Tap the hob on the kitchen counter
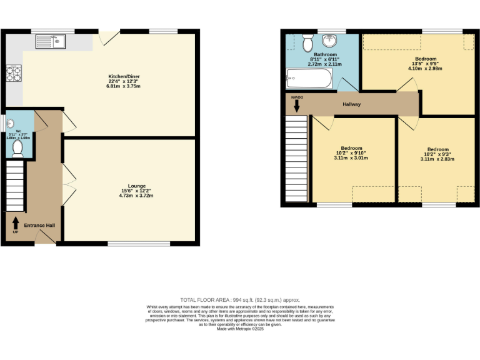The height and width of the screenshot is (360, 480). (x=12, y=74)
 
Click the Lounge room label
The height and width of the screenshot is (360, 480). (x=137, y=186)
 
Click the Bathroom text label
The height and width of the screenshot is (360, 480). (x=325, y=54)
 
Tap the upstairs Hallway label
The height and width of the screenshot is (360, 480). (x=351, y=104)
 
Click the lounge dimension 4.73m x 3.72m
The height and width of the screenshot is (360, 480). (x=137, y=196)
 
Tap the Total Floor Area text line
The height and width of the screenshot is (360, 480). (x=240, y=300)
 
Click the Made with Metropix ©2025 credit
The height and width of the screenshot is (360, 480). (x=240, y=329)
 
